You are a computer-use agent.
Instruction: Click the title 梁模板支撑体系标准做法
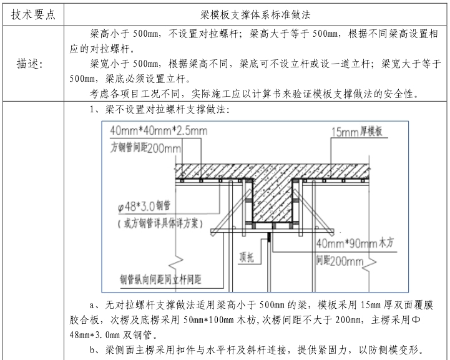coord(258,14)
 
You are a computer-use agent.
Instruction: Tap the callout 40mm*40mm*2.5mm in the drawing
coord(158,131)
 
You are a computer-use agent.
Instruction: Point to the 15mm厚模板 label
coord(353,132)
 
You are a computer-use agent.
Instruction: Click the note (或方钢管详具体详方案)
coord(160,223)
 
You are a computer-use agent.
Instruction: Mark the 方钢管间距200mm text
coord(145,148)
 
